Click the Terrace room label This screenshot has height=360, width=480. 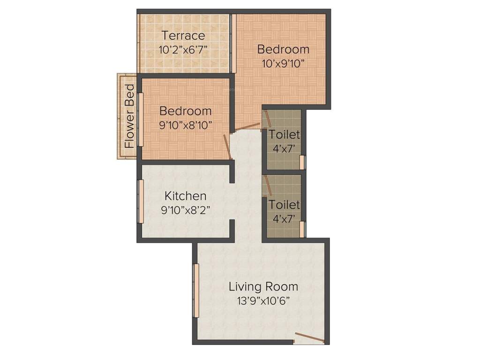pyautogui.click(x=183, y=36)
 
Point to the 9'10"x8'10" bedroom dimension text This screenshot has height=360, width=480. pyautogui.click(x=186, y=125)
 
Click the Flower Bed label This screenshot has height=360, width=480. pyautogui.click(x=129, y=116)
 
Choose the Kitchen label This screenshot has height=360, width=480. pyautogui.click(x=185, y=196)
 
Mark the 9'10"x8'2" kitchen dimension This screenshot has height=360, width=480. pyautogui.click(x=185, y=210)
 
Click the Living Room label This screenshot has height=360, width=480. pyautogui.click(x=263, y=286)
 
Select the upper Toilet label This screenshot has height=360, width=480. pyautogui.click(x=284, y=135)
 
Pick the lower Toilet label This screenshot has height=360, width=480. pyautogui.click(x=284, y=205)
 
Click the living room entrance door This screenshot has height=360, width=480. pyautogui.click(x=309, y=338)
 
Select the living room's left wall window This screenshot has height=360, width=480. pyautogui.click(x=196, y=291)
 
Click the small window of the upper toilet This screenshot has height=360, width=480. pyautogui.click(x=302, y=162)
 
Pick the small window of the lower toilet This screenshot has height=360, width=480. pyautogui.click(x=302, y=229)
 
